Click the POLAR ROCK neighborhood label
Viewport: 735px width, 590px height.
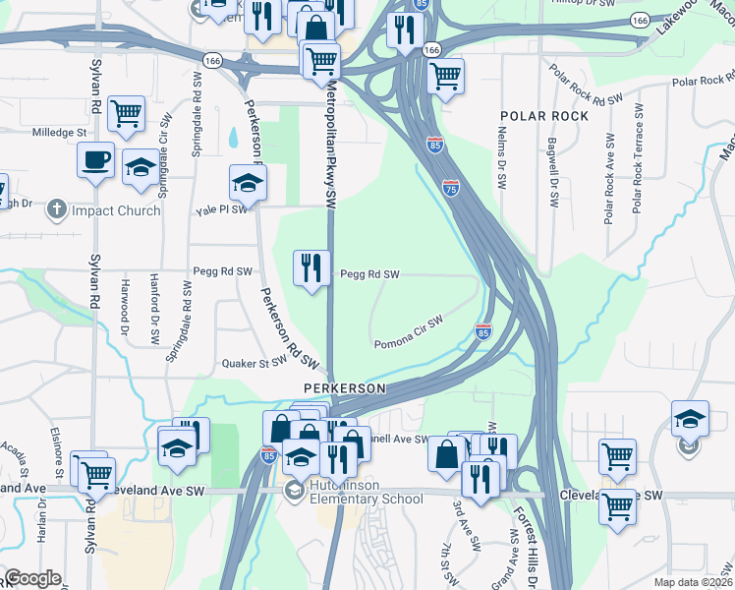(x=543, y=116)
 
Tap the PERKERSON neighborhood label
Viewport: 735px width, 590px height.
(x=344, y=388)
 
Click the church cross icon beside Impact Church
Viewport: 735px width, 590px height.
(x=57, y=208)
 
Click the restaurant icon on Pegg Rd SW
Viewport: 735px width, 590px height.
(x=312, y=267)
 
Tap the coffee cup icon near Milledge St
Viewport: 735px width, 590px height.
(x=95, y=160)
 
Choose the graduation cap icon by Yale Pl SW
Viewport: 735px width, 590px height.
(x=248, y=182)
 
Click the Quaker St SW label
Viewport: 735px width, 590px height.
(x=254, y=362)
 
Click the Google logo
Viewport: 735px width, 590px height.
(x=32, y=578)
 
